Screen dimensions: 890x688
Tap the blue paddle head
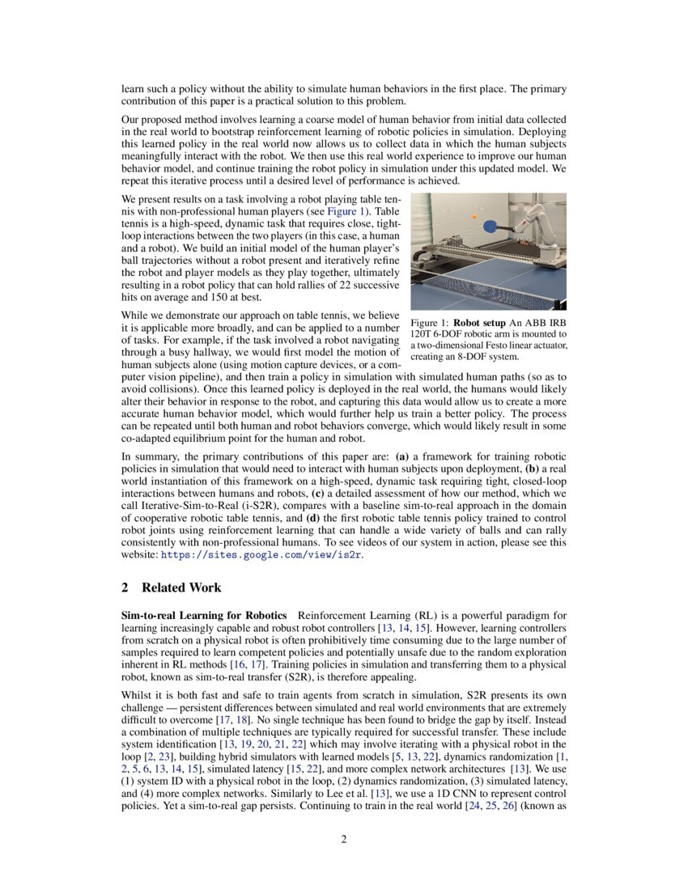492,227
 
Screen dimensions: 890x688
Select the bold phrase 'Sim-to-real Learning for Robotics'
204,617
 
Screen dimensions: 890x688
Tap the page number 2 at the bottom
344,839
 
